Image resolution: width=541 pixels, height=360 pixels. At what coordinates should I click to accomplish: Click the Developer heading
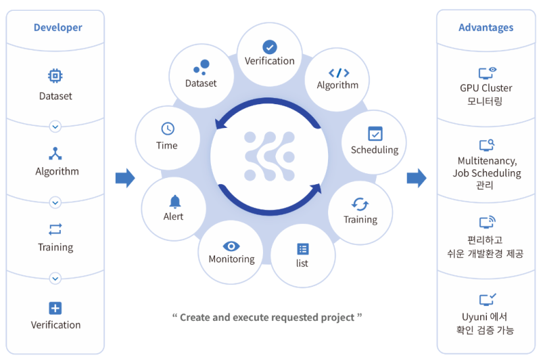58,28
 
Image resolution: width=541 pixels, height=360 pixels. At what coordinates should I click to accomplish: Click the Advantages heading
486,28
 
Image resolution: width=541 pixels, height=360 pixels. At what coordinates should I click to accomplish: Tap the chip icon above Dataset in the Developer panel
55,76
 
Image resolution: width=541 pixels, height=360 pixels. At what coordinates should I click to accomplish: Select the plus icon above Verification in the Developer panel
55,308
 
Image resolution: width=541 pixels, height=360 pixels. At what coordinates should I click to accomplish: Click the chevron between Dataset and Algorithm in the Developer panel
55,127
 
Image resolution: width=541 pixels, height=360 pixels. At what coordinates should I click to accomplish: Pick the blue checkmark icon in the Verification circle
269,47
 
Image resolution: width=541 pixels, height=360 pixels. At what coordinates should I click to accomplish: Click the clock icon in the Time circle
168,129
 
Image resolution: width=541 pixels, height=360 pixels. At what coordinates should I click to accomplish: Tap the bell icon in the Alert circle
175,202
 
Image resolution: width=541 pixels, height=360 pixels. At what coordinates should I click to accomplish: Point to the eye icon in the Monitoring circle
231,246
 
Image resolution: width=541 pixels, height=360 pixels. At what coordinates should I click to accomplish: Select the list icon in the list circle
303,249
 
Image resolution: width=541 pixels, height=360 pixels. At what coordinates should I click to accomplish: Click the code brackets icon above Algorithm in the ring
339,73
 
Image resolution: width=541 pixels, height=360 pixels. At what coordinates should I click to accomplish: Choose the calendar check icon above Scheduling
375,133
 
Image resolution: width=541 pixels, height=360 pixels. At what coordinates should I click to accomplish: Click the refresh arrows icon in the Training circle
360,204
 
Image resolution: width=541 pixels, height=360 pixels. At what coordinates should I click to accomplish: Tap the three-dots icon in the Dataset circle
202,67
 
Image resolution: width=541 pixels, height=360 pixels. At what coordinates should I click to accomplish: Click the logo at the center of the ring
269,156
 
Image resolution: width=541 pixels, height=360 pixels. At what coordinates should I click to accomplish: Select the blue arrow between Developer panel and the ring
125,178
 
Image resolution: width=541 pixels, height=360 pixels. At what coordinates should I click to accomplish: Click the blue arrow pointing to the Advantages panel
417,178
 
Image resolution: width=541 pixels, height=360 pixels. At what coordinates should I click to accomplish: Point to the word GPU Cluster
486,88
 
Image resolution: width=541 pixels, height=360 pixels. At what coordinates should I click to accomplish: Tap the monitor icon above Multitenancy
486,145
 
